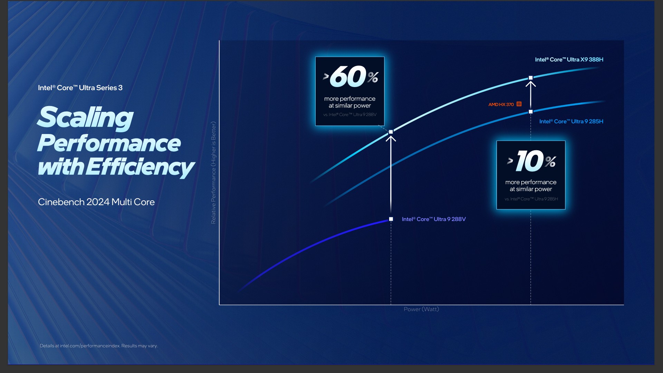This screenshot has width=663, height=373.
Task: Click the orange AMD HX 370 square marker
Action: pos(519,104)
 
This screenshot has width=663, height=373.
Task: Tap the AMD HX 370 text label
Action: pos(501,104)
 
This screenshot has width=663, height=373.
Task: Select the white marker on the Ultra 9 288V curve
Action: pos(391,219)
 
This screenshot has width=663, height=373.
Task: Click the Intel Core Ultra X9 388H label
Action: pos(569,59)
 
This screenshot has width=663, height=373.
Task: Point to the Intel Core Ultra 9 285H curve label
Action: pos(571,121)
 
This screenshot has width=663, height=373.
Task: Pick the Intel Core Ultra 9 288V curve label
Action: pos(434,219)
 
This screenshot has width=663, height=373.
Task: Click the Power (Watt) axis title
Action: pos(421,309)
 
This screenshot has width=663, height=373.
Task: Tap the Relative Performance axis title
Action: pos(213,173)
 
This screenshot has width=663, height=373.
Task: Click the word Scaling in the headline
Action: pos(85,117)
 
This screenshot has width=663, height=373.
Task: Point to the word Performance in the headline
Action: pos(109,143)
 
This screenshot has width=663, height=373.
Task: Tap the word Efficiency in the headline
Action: pos(140,167)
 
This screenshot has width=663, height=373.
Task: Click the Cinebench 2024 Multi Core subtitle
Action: pos(96,202)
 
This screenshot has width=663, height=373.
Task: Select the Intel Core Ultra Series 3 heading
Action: pos(80,88)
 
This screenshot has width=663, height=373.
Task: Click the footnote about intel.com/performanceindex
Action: pos(98,346)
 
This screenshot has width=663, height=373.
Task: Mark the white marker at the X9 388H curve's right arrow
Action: pos(531,78)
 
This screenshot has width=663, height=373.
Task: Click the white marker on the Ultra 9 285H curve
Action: pos(531,112)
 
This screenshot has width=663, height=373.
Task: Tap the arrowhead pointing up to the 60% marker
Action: pos(391,138)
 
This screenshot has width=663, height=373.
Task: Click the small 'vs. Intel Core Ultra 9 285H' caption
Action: pos(531,199)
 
